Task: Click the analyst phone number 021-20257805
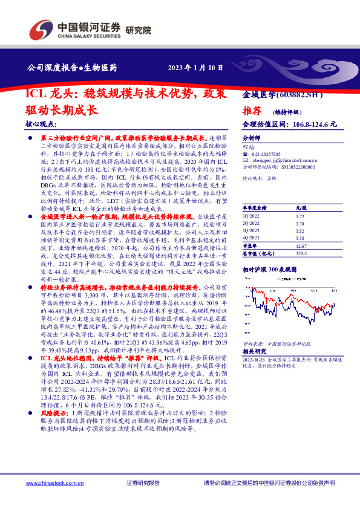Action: tap(267, 154)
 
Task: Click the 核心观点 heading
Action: tap(40, 125)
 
